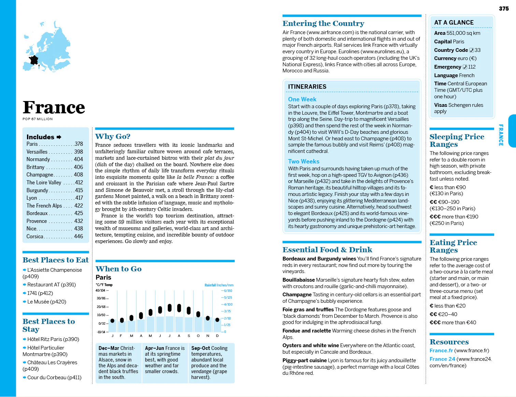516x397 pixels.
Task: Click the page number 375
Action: coord(504,9)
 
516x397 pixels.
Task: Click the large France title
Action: coord(54,108)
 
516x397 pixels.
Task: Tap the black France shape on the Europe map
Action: coord(34,60)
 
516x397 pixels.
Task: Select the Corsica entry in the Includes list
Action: coord(35,236)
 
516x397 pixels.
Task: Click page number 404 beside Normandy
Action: coord(78,159)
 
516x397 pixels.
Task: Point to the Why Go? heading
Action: coord(113,137)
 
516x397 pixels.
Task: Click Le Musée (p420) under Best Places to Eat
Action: coord(46,302)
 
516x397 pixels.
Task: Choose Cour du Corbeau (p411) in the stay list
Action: coord(54,378)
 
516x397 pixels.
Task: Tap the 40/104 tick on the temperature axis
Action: coord(100,290)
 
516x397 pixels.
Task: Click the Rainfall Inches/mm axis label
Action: coord(219,285)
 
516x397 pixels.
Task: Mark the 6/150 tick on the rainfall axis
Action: coord(228,291)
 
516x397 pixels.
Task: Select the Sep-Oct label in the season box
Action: coord(201,348)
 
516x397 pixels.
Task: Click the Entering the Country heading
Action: coord(323,24)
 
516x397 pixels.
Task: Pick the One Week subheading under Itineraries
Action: coord(302,99)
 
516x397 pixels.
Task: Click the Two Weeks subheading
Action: coord(303,161)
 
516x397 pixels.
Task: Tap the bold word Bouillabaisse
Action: coord(299,280)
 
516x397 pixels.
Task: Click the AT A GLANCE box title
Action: coord(454,23)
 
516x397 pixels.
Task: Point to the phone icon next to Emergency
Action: coord(465,67)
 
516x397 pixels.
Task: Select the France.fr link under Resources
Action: coord(441,351)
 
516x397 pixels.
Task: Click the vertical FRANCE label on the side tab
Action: coord(501,135)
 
